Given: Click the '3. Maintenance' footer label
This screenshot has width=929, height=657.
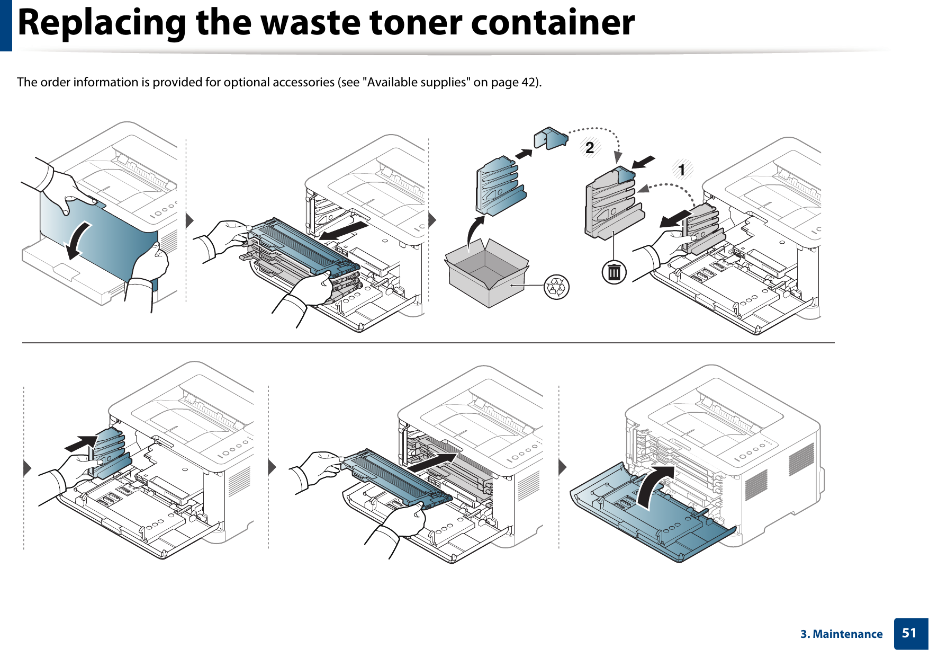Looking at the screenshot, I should tap(841, 634).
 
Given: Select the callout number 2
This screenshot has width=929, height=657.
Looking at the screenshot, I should tap(590, 147).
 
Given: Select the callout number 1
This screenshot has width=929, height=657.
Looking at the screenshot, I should tap(682, 170).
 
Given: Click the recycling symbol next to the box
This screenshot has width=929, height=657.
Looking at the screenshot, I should tap(557, 287).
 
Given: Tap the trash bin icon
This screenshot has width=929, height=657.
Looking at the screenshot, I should tap(614, 272).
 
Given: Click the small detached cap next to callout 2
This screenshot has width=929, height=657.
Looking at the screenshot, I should tap(551, 139).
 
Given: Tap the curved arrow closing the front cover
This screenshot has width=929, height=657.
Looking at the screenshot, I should tap(654, 485).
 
